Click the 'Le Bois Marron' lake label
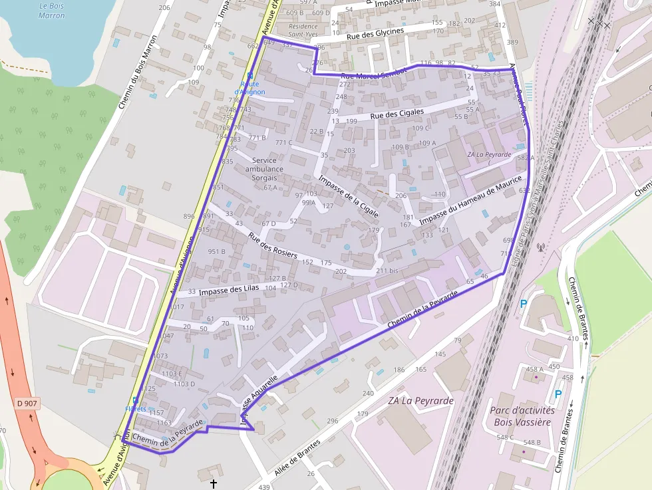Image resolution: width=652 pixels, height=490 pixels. (x=52, y=10)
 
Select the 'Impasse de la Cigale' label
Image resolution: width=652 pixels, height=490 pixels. (x=349, y=197)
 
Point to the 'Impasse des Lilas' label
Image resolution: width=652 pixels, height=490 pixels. (x=228, y=290)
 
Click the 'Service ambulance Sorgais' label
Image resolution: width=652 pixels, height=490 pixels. (x=264, y=169)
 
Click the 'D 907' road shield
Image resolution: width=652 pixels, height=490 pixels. (x=27, y=403)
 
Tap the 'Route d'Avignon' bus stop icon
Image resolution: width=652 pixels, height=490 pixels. (x=250, y=76)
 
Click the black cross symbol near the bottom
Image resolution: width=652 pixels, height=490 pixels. (x=214, y=483)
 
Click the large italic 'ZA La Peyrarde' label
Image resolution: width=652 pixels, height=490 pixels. (x=420, y=401)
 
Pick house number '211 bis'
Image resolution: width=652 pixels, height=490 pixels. (x=387, y=271)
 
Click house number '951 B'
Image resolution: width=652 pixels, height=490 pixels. (x=216, y=251)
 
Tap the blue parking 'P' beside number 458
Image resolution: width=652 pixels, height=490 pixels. (x=558, y=394)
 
